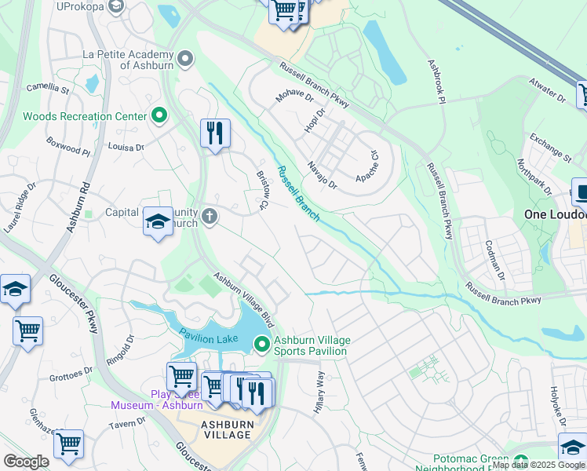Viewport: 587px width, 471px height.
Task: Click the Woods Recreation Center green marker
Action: point(159,116)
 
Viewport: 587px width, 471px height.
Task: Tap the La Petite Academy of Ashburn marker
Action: point(185,59)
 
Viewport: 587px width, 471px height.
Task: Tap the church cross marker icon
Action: point(209,217)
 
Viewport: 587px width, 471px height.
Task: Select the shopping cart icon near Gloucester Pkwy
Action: point(28,331)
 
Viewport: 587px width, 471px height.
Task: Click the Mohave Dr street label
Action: point(294,97)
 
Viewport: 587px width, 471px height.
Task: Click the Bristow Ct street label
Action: point(263,191)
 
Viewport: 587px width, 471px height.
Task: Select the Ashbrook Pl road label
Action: point(436,81)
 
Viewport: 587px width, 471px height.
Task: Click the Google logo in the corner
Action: point(26,462)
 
